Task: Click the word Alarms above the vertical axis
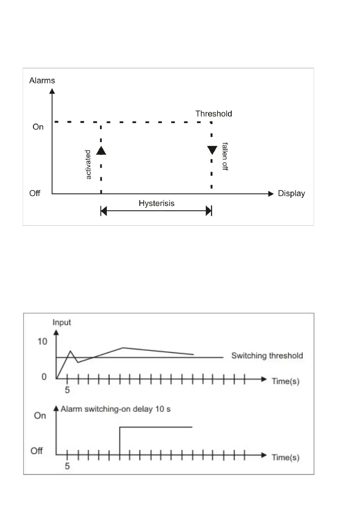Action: pos(42,80)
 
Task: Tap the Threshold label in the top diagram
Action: pos(214,114)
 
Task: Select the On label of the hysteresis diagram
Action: pos(38,127)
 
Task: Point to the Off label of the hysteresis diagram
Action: pos(35,194)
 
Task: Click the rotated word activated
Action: pos(88,164)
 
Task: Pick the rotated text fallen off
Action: pos(224,156)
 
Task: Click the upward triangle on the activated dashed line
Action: pos(101,150)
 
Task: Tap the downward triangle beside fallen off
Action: pos(212,150)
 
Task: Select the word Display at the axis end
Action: pos(291,194)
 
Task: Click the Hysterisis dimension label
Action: pos(157,203)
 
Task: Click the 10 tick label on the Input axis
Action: pos(42,342)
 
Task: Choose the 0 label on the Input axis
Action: pos(44,377)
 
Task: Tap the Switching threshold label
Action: pos(267,356)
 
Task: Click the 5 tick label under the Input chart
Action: pos(67,391)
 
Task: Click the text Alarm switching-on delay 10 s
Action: pos(115,409)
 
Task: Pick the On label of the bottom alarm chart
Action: pos(40,416)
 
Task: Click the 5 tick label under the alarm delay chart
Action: pos(67,466)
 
